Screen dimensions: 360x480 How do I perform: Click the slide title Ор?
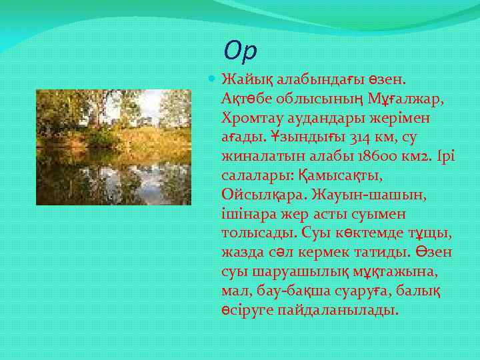pyautogui.click(x=241, y=50)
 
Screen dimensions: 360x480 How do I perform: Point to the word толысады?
pyautogui.click(x=257, y=234)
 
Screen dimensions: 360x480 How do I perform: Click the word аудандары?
pyautogui.click(x=325, y=118)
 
